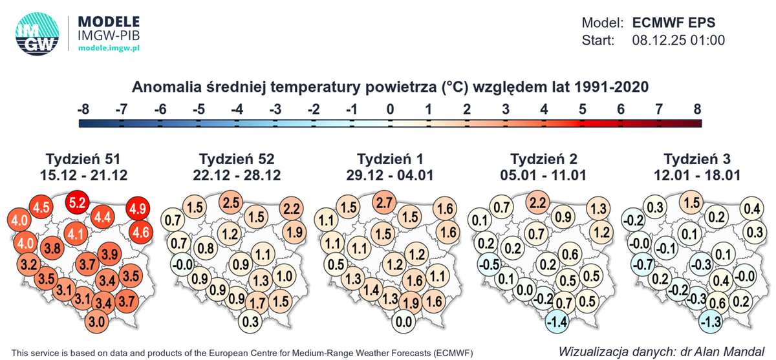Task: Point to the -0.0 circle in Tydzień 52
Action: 183,264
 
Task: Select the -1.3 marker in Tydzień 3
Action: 709,321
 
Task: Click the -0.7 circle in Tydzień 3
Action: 641,264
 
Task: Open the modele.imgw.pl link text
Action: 109,48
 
